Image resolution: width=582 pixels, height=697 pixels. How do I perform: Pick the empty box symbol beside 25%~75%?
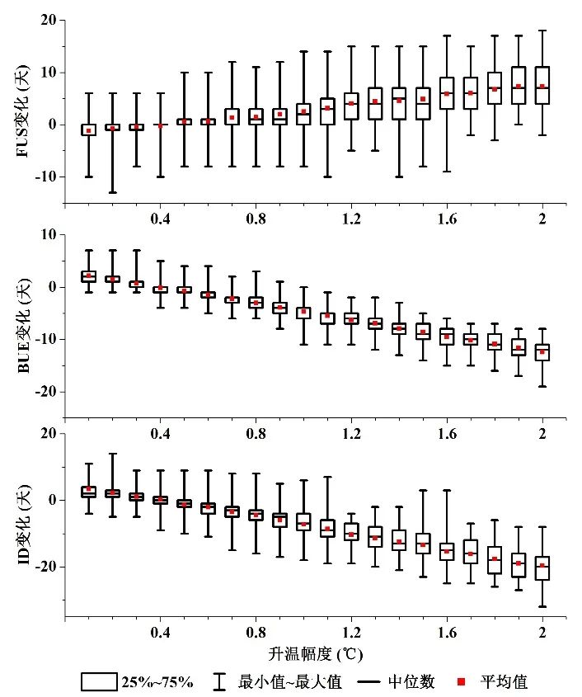point(96,681)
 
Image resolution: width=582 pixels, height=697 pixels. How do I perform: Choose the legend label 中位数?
point(412,682)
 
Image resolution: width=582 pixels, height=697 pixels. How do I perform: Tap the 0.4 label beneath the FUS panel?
point(160,219)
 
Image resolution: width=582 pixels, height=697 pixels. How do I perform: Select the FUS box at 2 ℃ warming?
point(542,85)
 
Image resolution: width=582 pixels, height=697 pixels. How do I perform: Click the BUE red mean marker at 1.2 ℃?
point(351,320)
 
